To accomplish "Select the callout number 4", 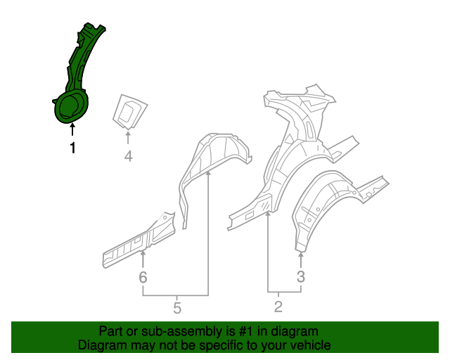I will point(128,156).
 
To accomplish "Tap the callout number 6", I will point(143,278).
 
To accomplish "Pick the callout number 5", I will point(176,307).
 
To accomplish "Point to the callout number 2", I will point(278,306).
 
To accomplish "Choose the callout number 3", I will point(301,277).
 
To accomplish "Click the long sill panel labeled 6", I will point(137,239).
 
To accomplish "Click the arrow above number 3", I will point(301,259).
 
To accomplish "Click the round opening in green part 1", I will point(70,108).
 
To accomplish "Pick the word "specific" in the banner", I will point(219,345).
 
